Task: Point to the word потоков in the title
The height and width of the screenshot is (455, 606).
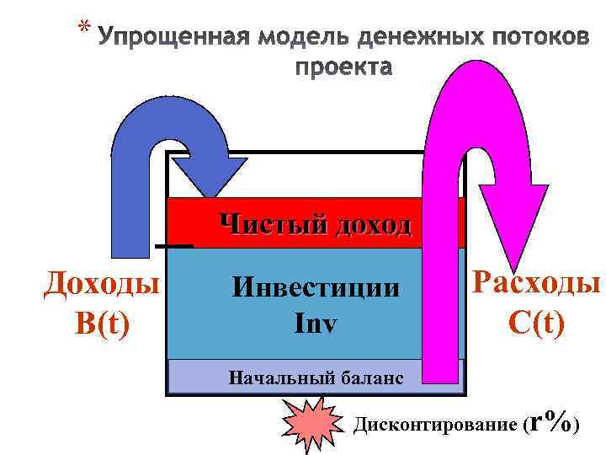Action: tap(529, 39)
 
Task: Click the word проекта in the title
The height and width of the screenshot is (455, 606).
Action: tap(343, 67)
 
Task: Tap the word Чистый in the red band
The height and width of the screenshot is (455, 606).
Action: tap(272, 224)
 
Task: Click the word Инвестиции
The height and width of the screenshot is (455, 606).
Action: tap(316, 288)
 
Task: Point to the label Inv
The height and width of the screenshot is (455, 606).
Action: tap(316, 321)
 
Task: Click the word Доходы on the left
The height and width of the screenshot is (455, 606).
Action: tap(102, 284)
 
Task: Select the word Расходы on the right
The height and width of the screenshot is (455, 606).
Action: tap(536, 282)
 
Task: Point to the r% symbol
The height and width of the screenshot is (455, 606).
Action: tap(553, 419)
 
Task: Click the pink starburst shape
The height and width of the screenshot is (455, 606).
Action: tap(307, 425)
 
